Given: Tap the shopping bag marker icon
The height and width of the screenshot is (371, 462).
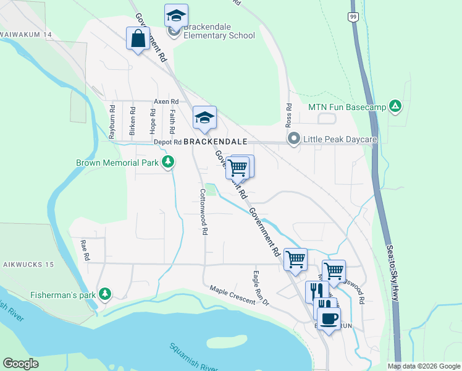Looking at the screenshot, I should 138,39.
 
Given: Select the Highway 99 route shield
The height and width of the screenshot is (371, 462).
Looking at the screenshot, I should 352,17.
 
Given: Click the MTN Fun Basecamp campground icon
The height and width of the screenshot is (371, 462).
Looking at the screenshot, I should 395,107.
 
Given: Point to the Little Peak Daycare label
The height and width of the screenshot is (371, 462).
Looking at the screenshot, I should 340,140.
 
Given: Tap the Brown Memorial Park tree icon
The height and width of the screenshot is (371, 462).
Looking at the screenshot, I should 167,163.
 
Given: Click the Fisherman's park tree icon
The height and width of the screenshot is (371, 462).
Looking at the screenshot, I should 106,294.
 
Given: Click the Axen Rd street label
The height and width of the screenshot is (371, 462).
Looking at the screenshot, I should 166,101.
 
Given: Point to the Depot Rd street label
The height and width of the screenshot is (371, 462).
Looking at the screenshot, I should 166,142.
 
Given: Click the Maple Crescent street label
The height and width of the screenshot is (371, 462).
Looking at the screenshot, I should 232,294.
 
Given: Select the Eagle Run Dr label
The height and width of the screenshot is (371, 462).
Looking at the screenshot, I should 261,288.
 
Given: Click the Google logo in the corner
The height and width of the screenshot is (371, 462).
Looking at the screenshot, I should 20,364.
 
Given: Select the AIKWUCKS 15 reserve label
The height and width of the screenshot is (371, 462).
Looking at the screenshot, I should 27,265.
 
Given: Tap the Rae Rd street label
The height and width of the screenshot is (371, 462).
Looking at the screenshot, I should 86,250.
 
